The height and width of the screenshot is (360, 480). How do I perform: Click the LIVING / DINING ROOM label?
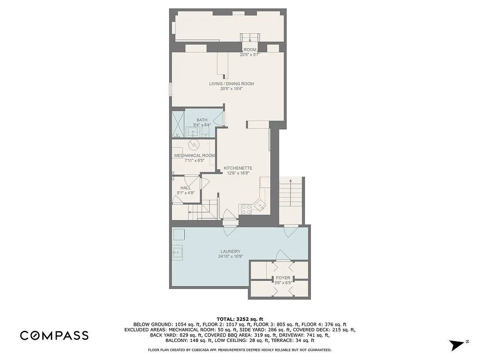tap(231, 84)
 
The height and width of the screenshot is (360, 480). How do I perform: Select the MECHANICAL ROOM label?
tap(194, 155)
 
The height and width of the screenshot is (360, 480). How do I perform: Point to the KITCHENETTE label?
tap(238, 168)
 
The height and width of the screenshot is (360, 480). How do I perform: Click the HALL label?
tap(185, 188)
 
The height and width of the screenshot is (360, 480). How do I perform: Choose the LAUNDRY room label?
tap(230, 252)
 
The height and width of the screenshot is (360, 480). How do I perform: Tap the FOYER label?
tap(283, 278)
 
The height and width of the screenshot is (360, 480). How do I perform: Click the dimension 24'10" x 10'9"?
tap(230, 256)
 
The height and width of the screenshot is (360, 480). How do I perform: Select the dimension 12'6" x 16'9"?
tap(238, 173)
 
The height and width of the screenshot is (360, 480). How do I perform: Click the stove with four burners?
tap(247, 209)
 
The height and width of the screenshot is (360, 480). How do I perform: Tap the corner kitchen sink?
tap(260, 205)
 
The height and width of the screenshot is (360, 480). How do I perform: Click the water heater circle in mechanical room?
tap(193, 145)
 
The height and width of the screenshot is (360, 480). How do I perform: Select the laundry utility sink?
tap(177, 253)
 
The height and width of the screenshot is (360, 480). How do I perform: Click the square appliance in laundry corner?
tap(179, 234)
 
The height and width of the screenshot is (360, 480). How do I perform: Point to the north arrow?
tap(458, 345)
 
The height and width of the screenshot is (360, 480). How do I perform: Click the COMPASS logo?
tap(54, 335)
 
